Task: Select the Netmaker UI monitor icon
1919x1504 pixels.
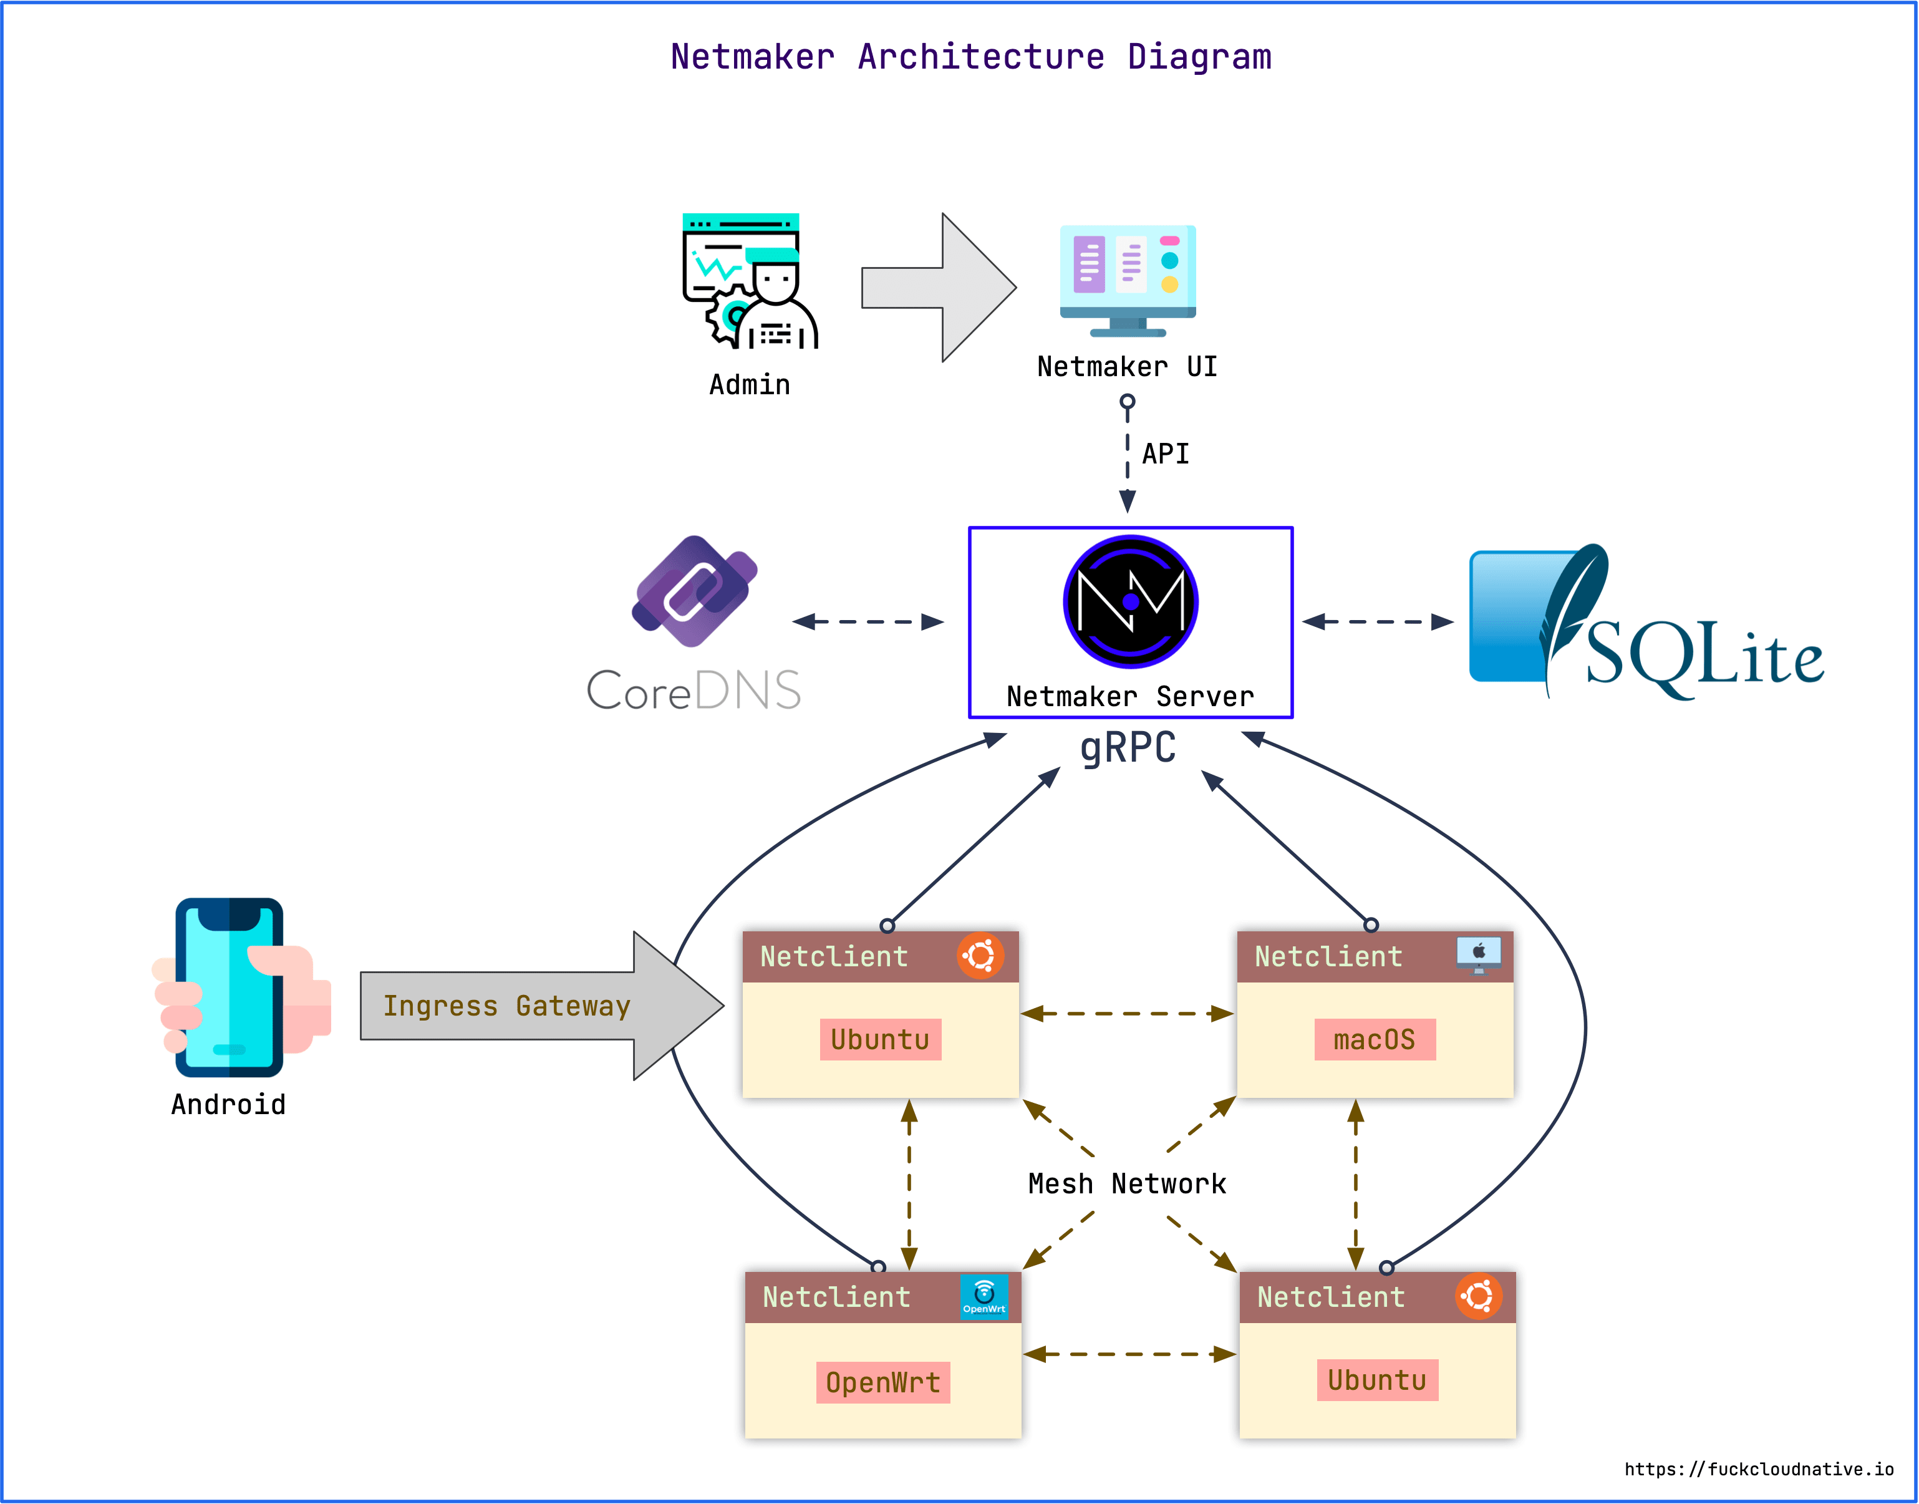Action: click(x=1128, y=280)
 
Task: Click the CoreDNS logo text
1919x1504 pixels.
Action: click(x=694, y=691)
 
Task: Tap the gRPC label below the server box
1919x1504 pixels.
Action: click(x=1128, y=747)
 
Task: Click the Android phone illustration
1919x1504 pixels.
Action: click(x=231, y=986)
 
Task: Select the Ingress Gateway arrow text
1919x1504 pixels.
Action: click(x=506, y=1006)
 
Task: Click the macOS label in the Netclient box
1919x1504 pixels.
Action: click(x=1374, y=1040)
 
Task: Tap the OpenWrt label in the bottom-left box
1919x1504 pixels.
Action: click(x=883, y=1382)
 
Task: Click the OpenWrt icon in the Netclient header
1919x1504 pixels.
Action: click(x=984, y=1296)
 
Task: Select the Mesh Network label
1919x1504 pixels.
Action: click(x=1127, y=1183)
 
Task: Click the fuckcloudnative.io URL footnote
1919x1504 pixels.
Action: click(x=1758, y=1469)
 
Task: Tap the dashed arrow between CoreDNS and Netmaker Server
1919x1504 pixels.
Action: click(x=868, y=622)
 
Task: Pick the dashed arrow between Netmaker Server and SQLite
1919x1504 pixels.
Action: click(x=1378, y=622)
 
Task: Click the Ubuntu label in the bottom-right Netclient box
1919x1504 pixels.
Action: click(x=1377, y=1380)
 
